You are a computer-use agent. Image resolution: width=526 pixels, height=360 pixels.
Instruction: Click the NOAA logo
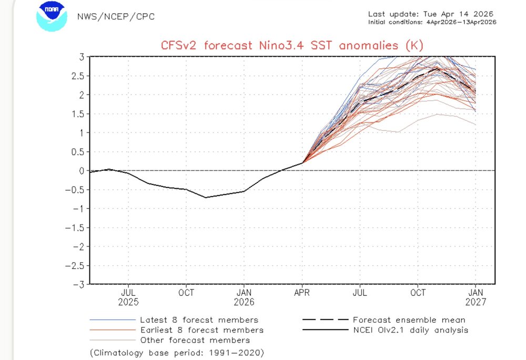[52, 17]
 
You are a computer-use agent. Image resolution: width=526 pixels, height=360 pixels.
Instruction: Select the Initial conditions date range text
[432, 22]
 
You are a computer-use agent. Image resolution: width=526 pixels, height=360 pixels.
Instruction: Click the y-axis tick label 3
[82, 57]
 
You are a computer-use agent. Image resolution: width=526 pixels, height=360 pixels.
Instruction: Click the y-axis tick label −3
[79, 284]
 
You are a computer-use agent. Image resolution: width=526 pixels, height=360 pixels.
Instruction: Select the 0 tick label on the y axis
[82, 171]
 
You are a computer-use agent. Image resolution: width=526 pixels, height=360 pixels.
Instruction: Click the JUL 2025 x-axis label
[129, 297]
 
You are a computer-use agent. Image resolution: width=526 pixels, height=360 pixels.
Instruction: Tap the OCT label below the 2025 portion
[186, 293]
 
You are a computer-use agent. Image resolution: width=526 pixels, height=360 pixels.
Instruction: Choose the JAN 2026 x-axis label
[244, 297]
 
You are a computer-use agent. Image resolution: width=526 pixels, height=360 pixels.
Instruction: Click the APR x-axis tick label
[302, 293]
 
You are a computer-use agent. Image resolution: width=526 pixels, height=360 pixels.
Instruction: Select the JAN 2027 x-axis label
[476, 297]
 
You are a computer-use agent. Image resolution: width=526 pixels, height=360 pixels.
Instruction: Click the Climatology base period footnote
[177, 352]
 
